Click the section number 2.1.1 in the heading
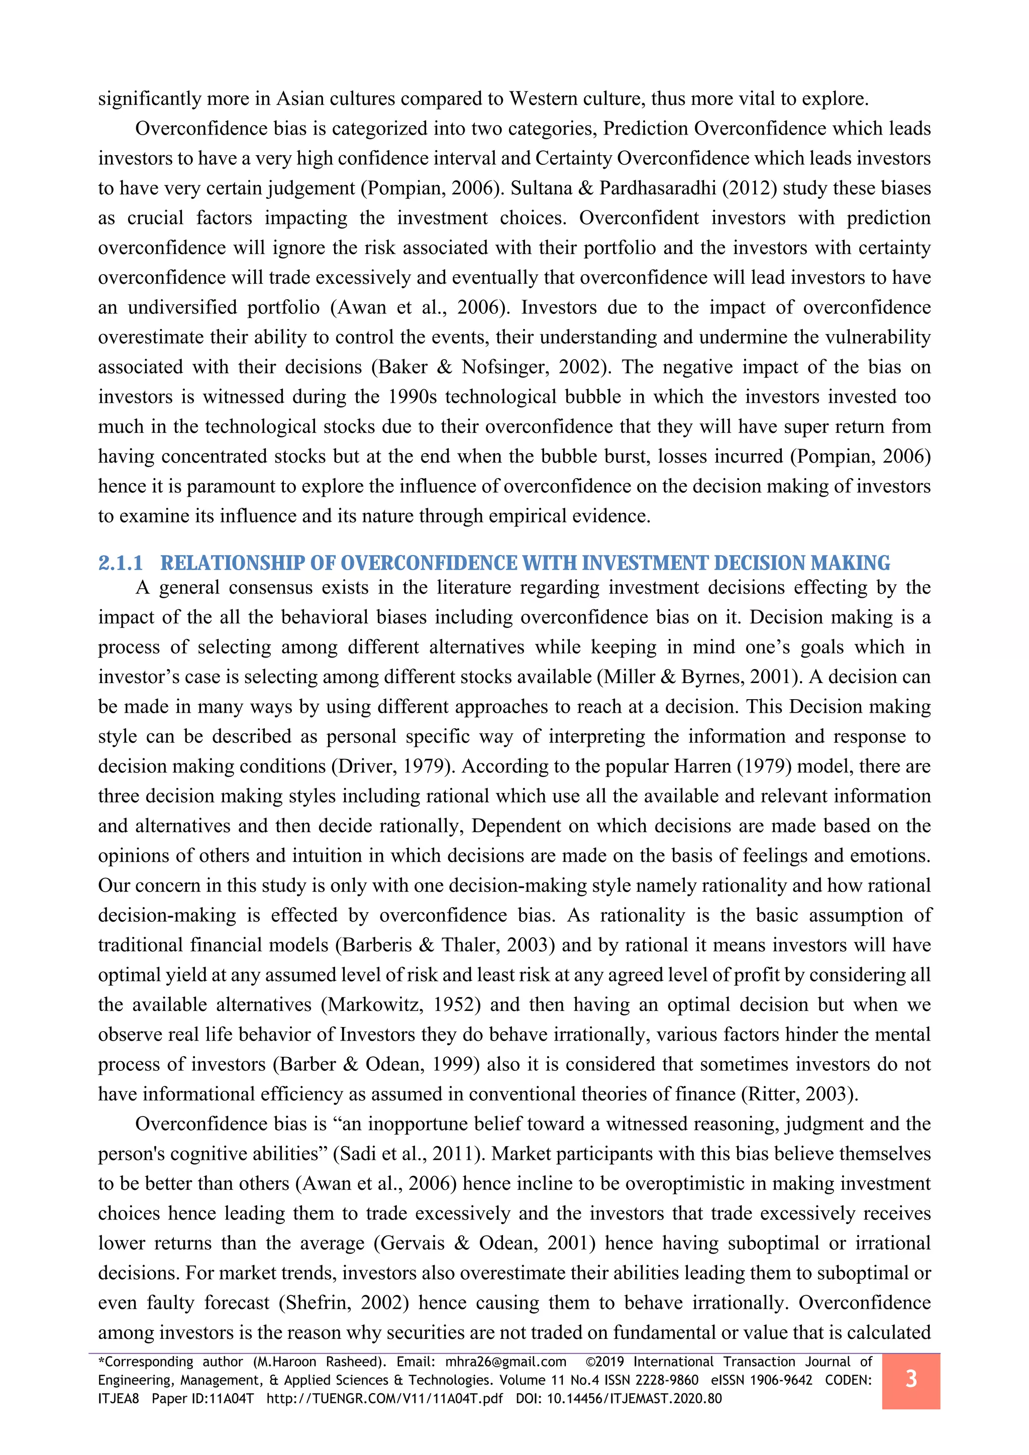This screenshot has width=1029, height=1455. (121, 563)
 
